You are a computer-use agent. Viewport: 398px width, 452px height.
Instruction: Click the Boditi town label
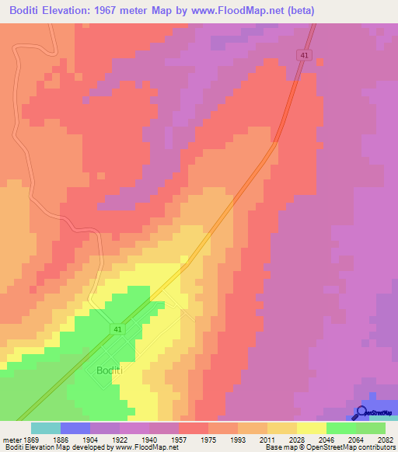click(110, 371)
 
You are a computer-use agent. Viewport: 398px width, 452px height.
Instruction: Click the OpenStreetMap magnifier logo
click(361, 412)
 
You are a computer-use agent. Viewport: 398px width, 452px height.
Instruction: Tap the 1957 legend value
click(178, 439)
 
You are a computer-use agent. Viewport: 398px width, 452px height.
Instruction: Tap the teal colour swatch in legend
click(46, 428)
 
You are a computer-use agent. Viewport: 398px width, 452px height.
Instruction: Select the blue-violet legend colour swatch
click(75, 428)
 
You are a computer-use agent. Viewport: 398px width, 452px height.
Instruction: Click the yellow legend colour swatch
click(311, 428)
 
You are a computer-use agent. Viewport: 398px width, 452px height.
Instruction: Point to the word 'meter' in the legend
click(10, 439)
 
